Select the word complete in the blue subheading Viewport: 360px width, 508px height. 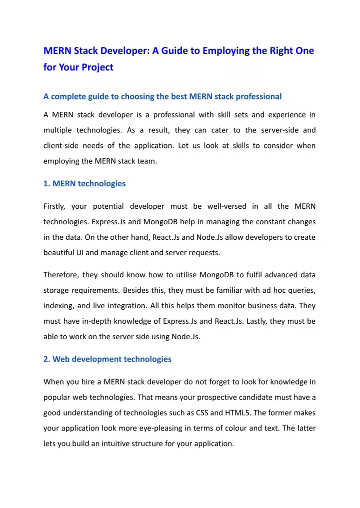72,96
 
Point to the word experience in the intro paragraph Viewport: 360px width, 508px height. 287,115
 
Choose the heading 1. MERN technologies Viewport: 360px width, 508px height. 84,183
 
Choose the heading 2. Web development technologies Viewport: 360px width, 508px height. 107,359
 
